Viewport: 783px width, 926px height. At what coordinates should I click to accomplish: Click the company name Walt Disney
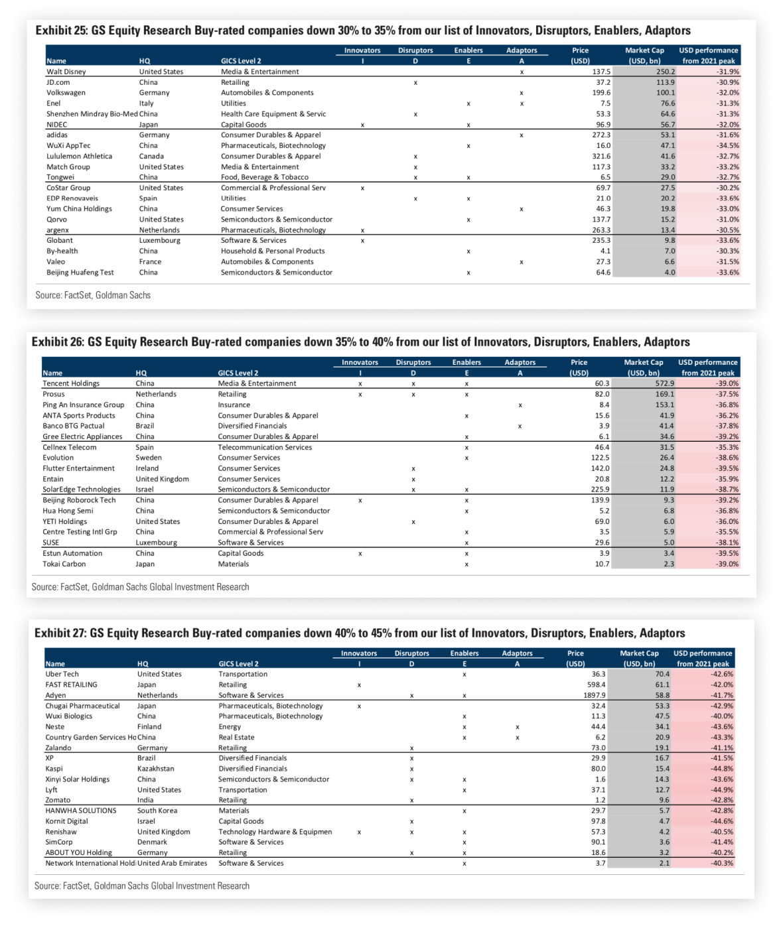tap(66, 72)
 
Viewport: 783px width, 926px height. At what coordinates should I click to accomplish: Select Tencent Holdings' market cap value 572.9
tap(664, 383)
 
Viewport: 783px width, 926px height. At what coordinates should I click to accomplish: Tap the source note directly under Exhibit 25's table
tap(93, 295)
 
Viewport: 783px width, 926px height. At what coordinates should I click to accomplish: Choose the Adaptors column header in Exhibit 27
tap(517, 653)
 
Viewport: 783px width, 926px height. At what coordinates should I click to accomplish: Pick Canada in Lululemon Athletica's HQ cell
tap(151, 157)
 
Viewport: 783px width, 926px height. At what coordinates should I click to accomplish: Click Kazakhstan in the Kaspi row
tap(156, 769)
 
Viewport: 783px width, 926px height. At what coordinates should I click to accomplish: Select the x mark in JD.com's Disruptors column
tap(415, 83)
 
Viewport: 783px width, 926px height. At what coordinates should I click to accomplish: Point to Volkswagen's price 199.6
tap(601, 93)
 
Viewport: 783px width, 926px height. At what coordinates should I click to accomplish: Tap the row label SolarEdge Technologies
tap(82, 490)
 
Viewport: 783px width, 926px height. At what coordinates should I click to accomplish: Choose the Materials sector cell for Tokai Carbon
tap(234, 564)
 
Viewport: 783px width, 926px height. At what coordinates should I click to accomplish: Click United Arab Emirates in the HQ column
tap(173, 863)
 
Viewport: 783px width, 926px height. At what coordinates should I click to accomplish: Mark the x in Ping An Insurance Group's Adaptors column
tap(520, 405)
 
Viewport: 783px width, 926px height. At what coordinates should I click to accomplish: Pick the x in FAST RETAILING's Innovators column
tap(359, 685)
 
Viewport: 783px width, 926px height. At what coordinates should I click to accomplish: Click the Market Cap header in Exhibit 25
tap(644, 50)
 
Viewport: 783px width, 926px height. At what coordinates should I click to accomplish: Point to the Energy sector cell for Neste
tap(230, 727)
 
